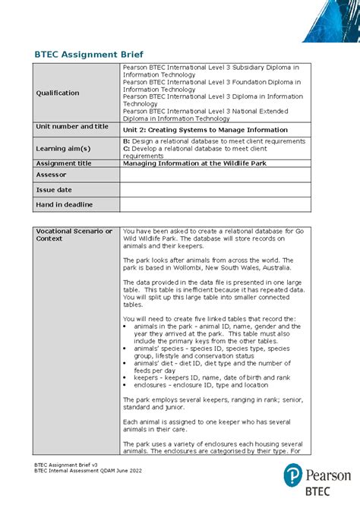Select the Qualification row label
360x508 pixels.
click(x=58, y=93)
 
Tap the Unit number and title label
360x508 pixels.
click(x=72, y=127)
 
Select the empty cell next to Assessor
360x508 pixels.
click(x=226, y=175)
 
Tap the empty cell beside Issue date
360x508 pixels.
click(x=226, y=190)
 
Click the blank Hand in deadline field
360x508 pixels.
click(x=226, y=205)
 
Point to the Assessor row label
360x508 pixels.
click(x=52, y=175)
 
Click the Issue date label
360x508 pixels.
click(x=55, y=190)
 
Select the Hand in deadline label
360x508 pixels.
click(x=65, y=205)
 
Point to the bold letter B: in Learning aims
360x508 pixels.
click(x=126, y=141)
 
